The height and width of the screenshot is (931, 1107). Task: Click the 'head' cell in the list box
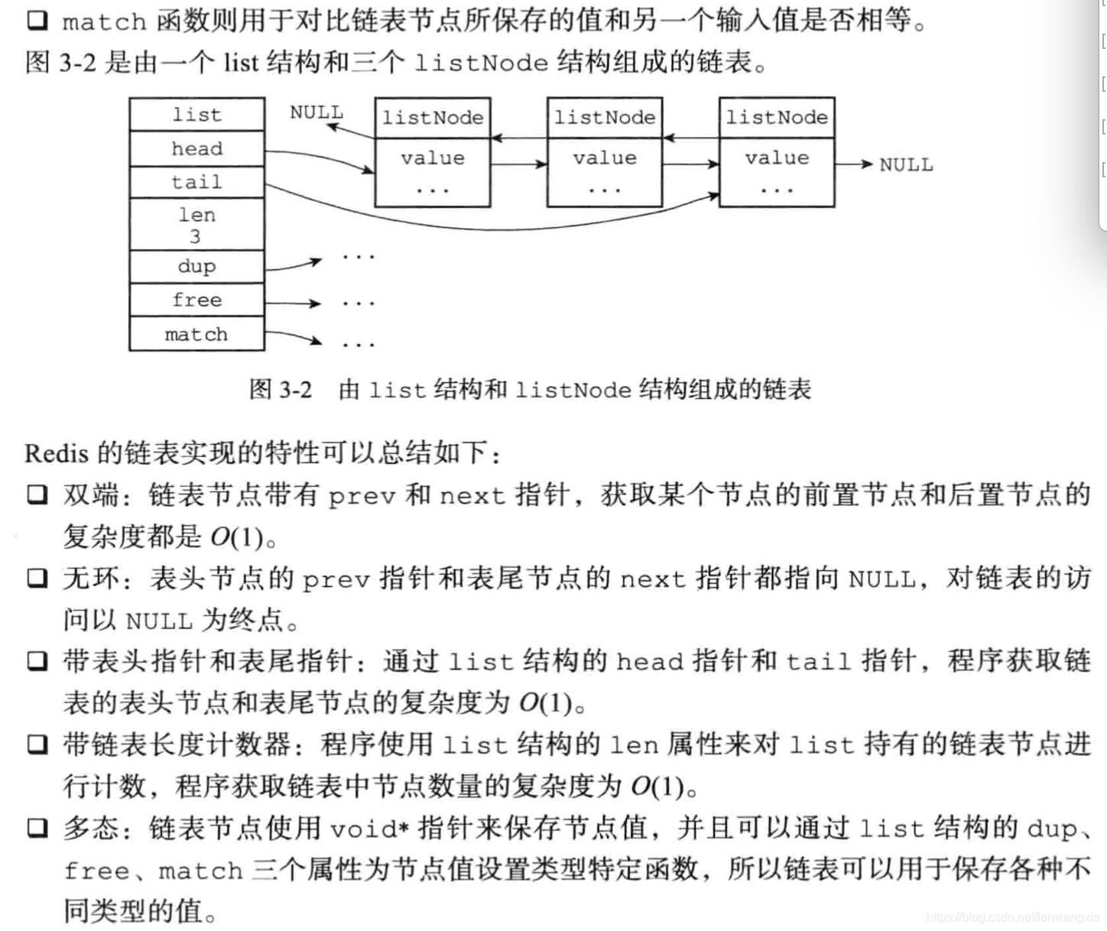(x=196, y=148)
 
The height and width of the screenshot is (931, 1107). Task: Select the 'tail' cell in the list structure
(x=196, y=182)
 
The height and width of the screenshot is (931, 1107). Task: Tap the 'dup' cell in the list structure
(x=196, y=266)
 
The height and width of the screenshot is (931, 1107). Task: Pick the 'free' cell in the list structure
(x=196, y=300)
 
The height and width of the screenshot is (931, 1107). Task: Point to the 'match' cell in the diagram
(x=196, y=334)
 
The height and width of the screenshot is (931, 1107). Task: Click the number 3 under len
(x=196, y=236)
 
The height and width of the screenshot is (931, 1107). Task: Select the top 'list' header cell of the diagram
(x=196, y=115)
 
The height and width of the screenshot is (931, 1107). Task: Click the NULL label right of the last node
(x=906, y=165)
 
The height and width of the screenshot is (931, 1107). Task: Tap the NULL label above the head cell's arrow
(x=316, y=112)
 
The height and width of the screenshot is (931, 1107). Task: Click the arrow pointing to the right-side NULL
(x=854, y=164)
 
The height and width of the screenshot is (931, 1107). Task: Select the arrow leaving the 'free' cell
(x=293, y=303)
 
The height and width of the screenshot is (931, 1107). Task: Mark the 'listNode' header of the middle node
(x=605, y=118)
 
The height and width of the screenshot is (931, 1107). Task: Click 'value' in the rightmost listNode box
(x=777, y=158)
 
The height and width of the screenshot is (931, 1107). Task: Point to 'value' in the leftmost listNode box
(x=433, y=158)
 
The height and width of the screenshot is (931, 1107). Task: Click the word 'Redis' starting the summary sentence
(x=57, y=454)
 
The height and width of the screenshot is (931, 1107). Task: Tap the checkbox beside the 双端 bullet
(x=37, y=495)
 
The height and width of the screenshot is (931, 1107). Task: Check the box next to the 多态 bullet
(x=37, y=828)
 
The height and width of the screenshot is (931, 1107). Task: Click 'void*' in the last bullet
(x=370, y=829)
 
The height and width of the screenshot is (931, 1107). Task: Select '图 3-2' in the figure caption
(x=281, y=390)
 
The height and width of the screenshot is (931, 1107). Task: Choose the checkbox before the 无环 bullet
(x=37, y=578)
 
